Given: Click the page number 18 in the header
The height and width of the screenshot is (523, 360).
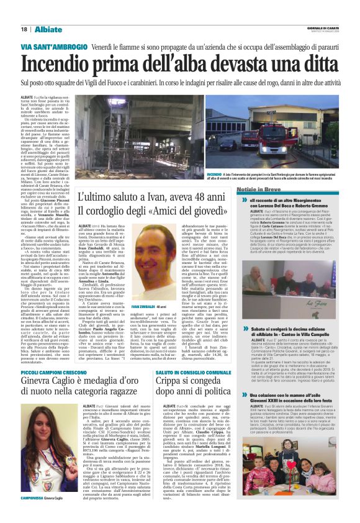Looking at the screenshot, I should pos(24,29).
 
